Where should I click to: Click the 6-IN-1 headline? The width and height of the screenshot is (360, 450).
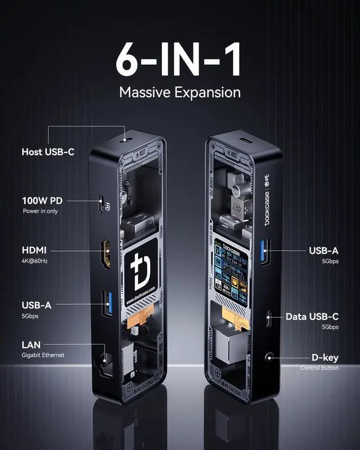tap(179, 60)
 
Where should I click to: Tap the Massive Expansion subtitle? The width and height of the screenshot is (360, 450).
tap(179, 92)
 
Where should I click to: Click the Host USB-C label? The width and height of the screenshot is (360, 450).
tap(48, 152)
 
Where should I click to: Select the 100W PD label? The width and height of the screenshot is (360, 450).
tap(42, 201)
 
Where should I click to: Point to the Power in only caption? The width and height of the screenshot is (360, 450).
tap(40, 211)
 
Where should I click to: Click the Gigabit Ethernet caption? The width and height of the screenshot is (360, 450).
tap(43, 355)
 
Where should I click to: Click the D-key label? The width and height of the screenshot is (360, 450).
tap(325, 357)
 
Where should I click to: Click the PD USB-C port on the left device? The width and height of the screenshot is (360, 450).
tap(102, 204)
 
